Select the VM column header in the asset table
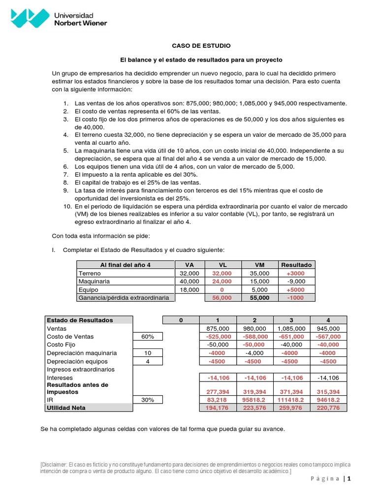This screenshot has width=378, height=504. point(260,265)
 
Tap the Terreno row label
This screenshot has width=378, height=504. point(89,273)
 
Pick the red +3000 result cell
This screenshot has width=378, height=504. point(296,273)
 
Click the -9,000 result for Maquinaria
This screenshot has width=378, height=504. point(296,282)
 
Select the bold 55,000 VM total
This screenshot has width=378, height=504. point(260,298)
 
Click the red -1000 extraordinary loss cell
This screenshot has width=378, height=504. point(296,298)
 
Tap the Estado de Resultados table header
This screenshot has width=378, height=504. point(79,320)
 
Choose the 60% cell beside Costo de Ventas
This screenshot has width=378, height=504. point(148,337)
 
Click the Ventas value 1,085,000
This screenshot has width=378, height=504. point(291,328)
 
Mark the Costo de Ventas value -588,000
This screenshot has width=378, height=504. point(254,337)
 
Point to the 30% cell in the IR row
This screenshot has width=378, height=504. point(148,400)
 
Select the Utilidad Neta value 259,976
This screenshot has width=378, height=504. point(291,408)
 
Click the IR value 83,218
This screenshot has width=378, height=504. point(218,400)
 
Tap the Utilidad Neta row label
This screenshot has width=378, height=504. point(66,408)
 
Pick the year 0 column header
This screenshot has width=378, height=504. point(181,320)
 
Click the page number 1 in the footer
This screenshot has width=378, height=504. point(349,479)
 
